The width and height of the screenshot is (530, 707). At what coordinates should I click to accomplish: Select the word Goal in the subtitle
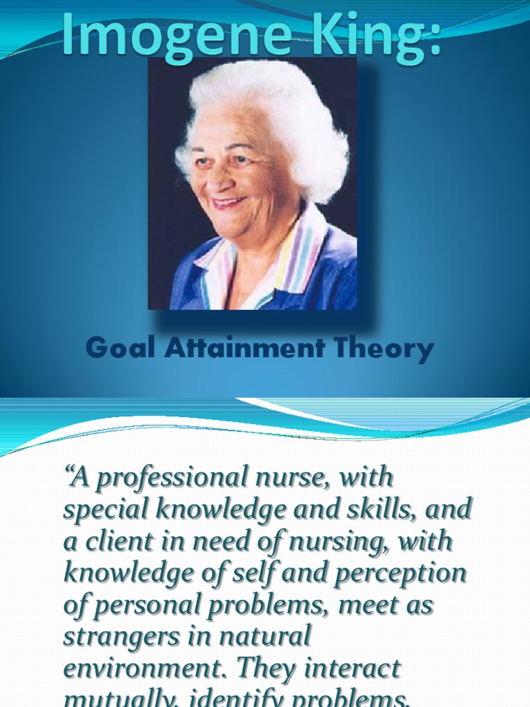pos(121,349)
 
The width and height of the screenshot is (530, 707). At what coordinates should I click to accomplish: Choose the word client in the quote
pos(117,541)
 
